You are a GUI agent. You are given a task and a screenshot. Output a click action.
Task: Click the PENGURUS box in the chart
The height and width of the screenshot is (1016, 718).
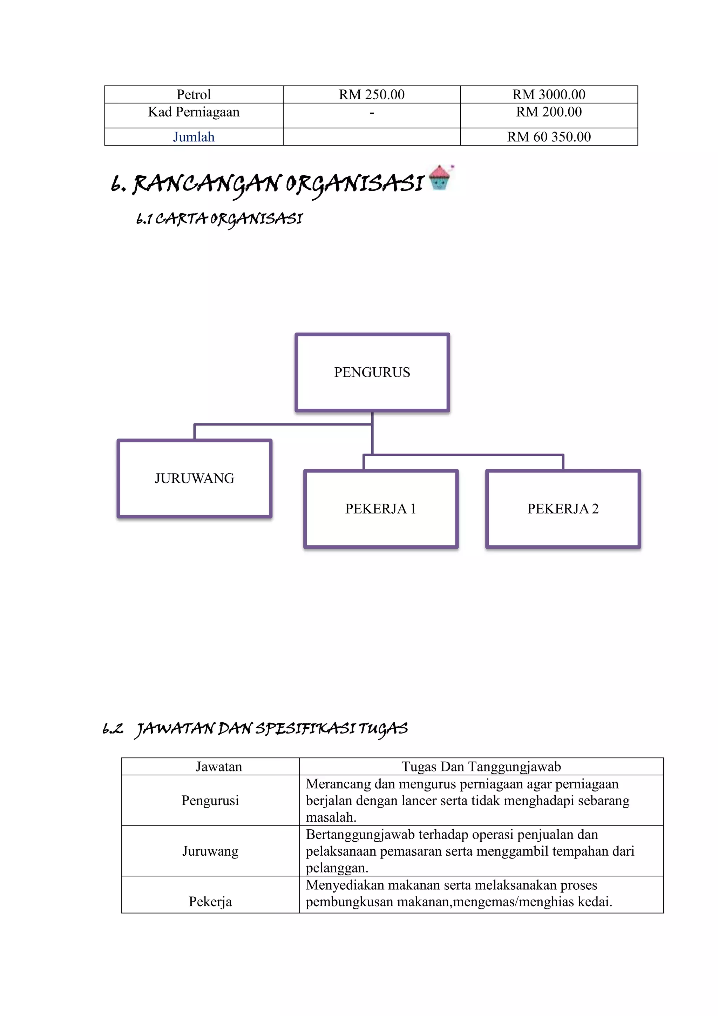point(372,372)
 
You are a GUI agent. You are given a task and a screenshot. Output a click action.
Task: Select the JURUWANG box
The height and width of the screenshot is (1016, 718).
point(194,478)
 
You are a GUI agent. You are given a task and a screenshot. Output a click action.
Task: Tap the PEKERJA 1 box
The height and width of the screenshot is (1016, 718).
point(381,509)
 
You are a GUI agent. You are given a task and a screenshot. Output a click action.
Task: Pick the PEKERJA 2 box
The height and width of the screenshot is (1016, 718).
point(563,509)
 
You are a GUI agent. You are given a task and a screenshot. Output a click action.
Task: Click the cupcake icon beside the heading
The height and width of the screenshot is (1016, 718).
point(440,178)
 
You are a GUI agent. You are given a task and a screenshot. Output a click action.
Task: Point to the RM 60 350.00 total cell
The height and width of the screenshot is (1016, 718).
point(549,137)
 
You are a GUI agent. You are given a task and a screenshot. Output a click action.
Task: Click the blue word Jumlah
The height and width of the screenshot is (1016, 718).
point(194,137)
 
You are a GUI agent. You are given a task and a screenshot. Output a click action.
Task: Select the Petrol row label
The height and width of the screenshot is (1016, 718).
point(194,95)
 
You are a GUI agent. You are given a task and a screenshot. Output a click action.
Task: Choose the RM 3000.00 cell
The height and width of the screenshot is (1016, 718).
point(549,95)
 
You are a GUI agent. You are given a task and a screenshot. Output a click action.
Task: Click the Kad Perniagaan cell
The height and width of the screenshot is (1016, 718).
point(194,112)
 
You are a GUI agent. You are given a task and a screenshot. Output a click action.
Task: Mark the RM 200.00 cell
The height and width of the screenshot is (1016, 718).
point(549,112)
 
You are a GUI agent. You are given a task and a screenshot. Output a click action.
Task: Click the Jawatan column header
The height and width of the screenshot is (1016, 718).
point(219,767)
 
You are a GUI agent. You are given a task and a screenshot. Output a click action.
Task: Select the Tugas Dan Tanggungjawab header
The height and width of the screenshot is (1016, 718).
point(481,767)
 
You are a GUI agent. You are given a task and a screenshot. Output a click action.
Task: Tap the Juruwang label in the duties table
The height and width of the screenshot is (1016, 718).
point(210,851)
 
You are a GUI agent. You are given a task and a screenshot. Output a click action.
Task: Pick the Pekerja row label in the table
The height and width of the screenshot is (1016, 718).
point(210,901)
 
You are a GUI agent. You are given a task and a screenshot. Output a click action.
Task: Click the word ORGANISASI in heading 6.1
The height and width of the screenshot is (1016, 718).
point(256,219)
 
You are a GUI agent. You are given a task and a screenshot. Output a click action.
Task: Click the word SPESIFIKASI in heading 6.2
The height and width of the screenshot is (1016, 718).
point(305,728)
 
